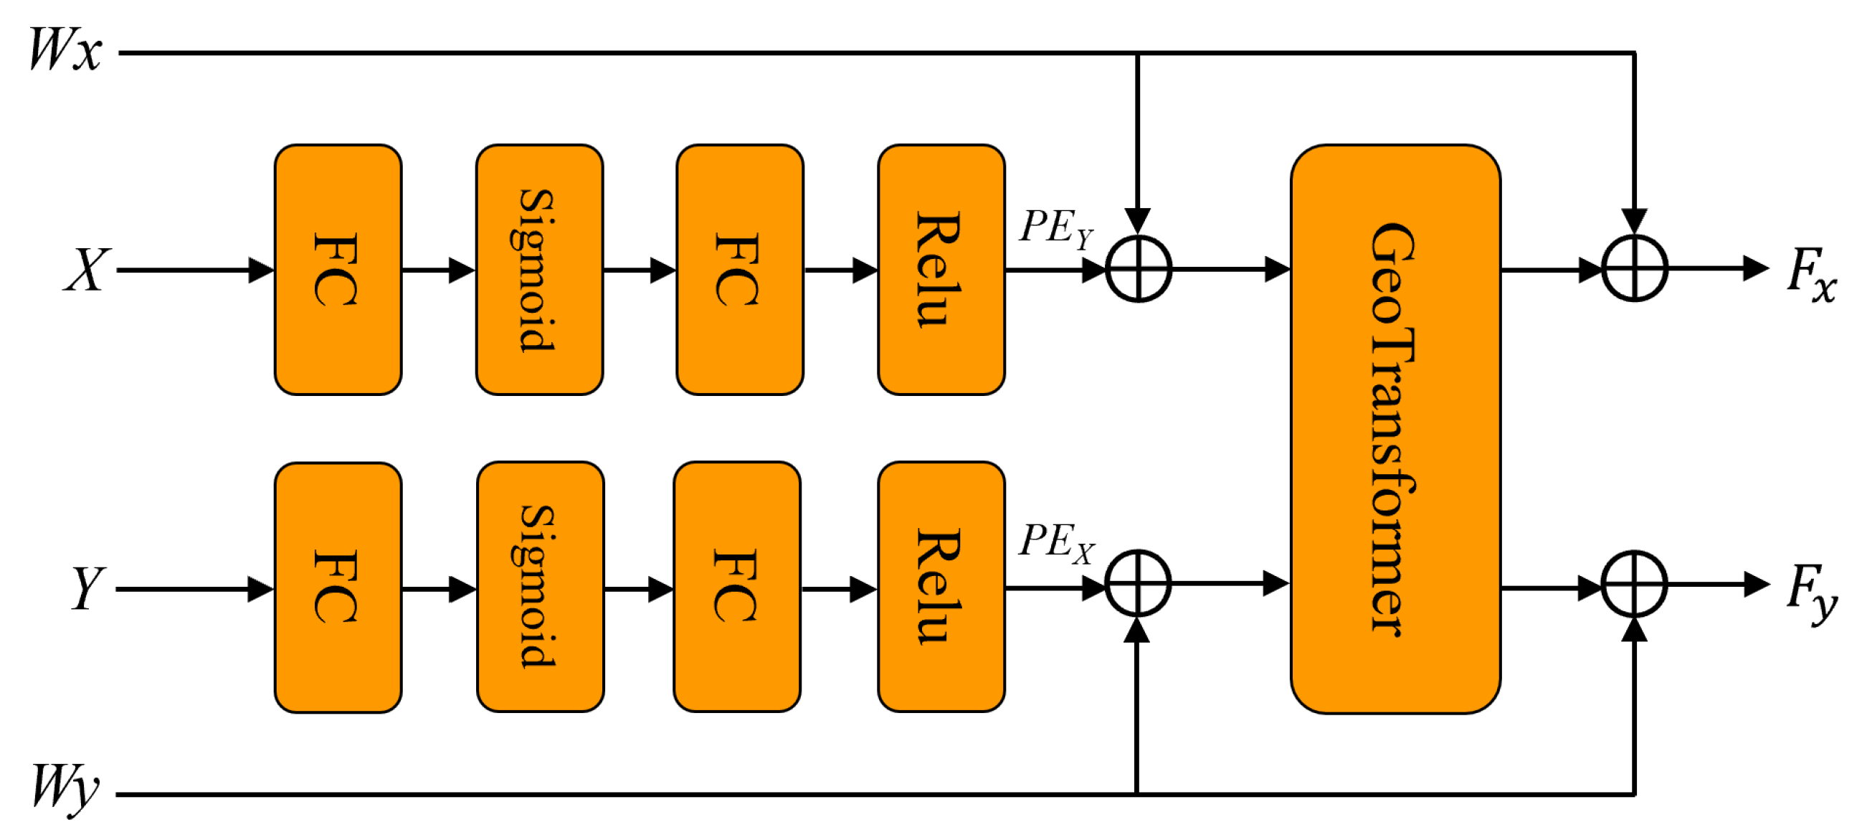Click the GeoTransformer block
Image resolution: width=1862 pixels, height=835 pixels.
pyautogui.click(x=1395, y=429)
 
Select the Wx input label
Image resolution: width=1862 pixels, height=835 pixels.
pyautogui.click(x=65, y=51)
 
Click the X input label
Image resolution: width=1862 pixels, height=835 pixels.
pyautogui.click(x=87, y=270)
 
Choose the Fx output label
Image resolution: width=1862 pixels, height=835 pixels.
pyautogui.click(x=1810, y=273)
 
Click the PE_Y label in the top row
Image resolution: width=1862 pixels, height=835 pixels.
pyautogui.click(x=1055, y=227)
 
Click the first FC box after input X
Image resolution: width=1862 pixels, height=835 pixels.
pyautogui.click(x=338, y=270)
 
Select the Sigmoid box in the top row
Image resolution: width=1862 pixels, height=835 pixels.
pyautogui.click(x=539, y=270)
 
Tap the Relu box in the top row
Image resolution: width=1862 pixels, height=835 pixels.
pyautogui.click(x=941, y=270)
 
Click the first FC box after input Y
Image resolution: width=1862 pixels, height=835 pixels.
pyautogui.click(x=338, y=587)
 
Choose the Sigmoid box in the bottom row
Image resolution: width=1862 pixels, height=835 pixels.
pyautogui.click(x=540, y=587)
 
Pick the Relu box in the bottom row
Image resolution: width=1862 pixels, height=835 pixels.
pyautogui.click(x=941, y=587)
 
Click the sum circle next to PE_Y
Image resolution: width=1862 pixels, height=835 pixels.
pyautogui.click(x=1138, y=268)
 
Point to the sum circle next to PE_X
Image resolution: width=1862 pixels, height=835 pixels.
pyautogui.click(x=1138, y=583)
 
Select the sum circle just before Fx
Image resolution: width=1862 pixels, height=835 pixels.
pyautogui.click(x=1634, y=268)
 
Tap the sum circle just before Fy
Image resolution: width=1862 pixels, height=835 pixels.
pyautogui.click(x=1634, y=584)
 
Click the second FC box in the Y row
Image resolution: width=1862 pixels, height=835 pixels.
pyautogui.click(x=736, y=587)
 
